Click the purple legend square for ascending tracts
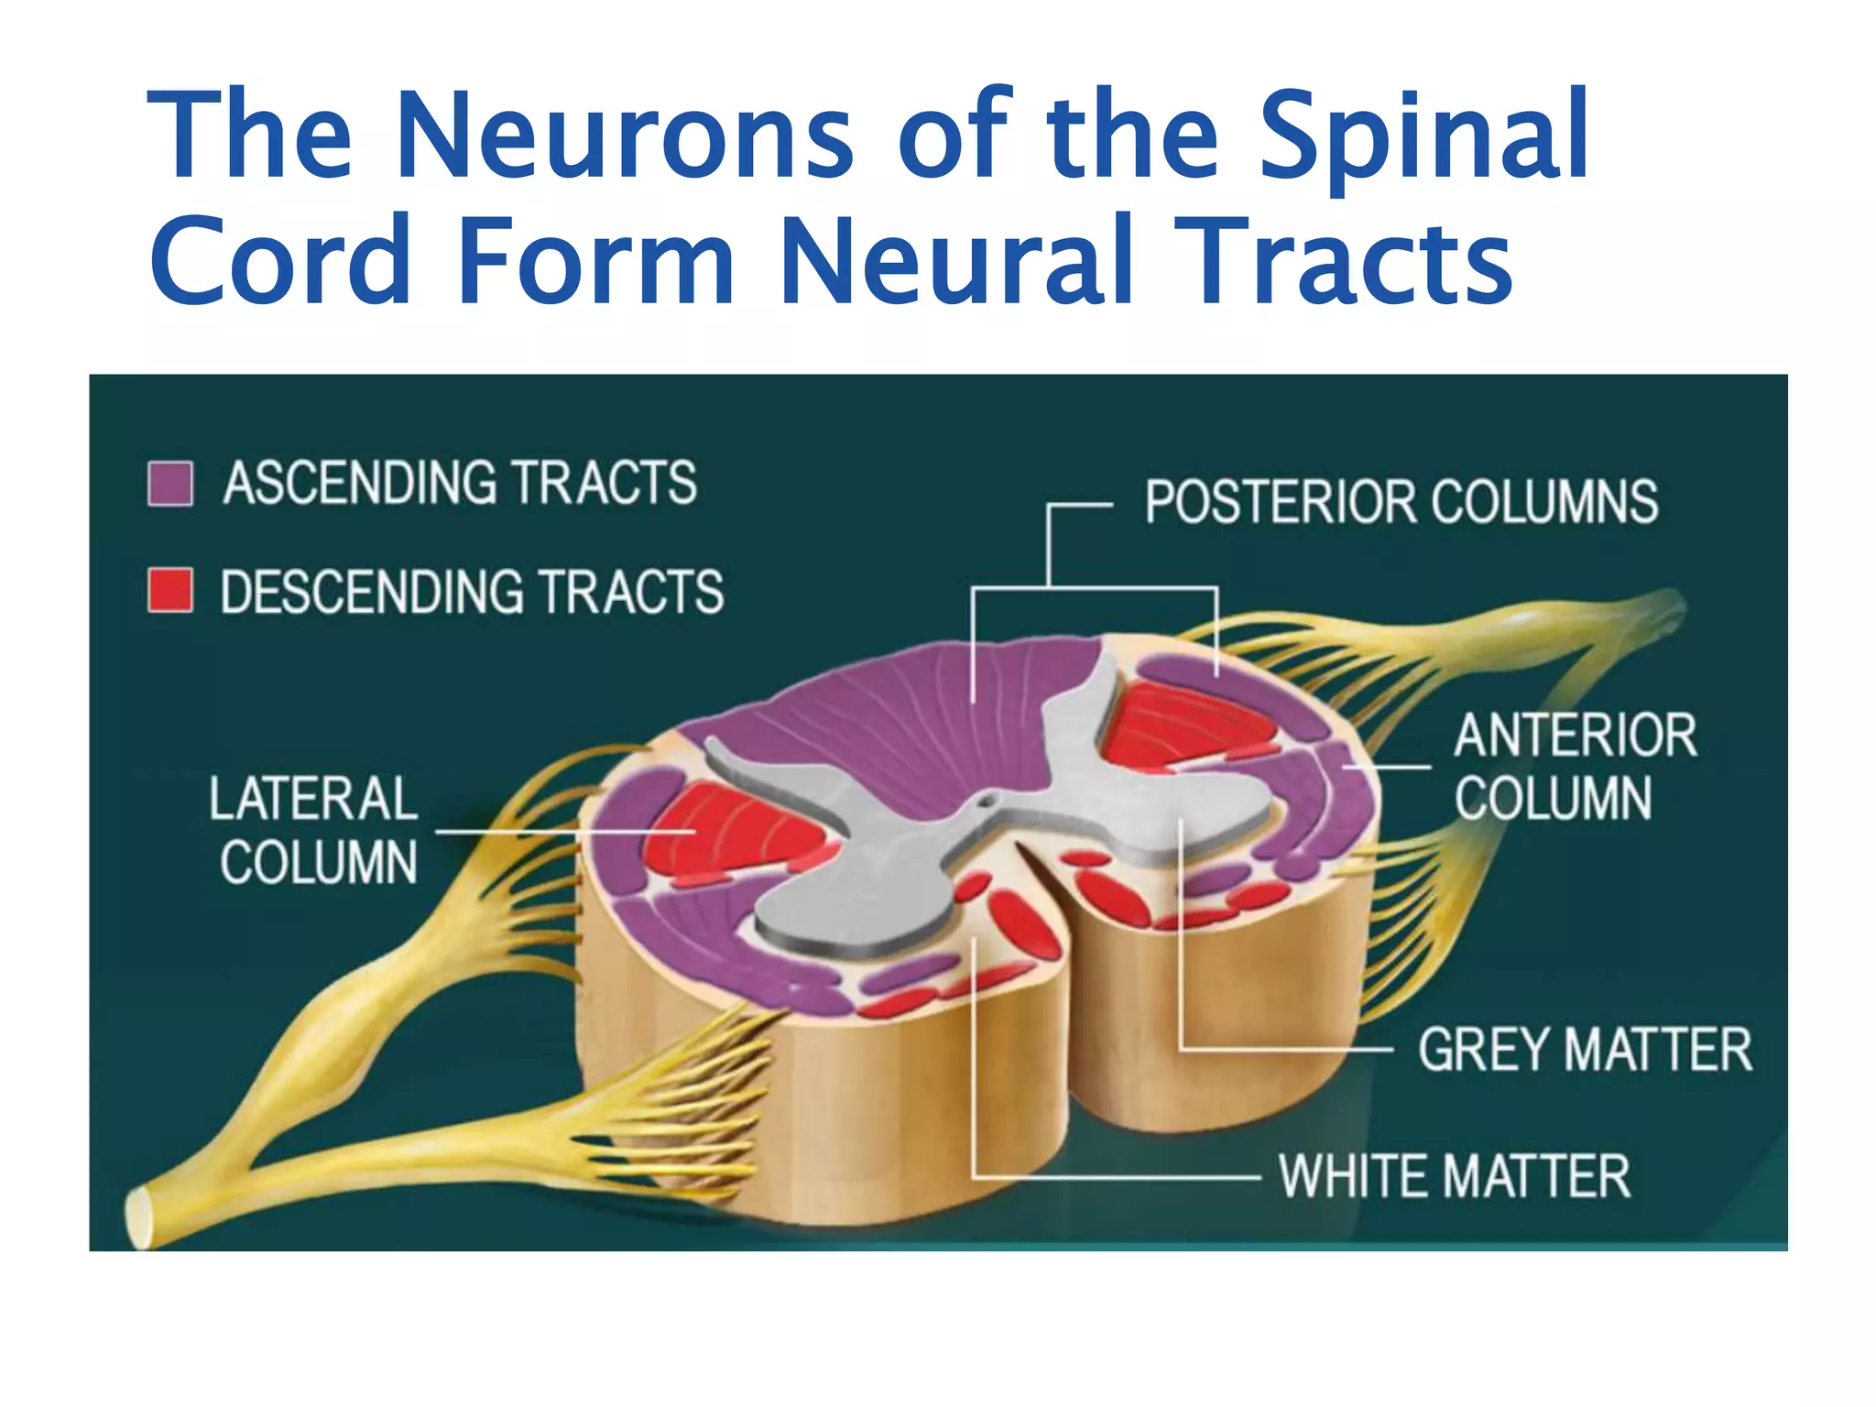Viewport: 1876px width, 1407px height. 170,484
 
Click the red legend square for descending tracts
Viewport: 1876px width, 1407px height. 170,590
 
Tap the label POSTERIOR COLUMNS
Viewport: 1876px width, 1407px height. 1402,502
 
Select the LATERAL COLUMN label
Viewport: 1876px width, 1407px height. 314,830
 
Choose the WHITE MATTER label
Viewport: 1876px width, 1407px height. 1455,1176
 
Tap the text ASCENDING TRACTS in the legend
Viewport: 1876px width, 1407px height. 460,484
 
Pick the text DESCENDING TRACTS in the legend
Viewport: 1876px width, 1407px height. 472,592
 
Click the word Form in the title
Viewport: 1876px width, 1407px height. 595,261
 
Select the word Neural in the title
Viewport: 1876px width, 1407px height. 958,261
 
